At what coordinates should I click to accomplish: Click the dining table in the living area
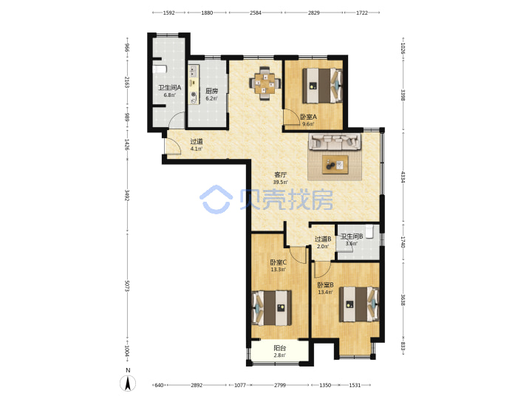click(x=265, y=83)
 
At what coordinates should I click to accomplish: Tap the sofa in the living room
click(x=335, y=141)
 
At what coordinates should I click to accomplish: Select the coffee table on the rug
click(x=335, y=165)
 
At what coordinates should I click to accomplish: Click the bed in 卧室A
click(x=322, y=86)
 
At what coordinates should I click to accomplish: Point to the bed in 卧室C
click(x=272, y=307)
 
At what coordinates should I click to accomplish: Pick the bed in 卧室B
click(x=359, y=304)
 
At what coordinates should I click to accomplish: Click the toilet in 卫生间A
click(x=160, y=69)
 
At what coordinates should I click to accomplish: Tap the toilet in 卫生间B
click(x=371, y=231)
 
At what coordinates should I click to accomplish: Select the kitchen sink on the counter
click(x=194, y=71)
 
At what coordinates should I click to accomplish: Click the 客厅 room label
click(x=281, y=174)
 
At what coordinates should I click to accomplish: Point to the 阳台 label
click(x=280, y=348)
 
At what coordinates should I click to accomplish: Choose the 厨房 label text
click(x=212, y=91)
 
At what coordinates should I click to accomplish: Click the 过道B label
click(x=323, y=239)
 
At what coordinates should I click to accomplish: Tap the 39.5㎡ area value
click(x=281, y=183)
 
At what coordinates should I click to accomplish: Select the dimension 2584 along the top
click(x=256, y=13)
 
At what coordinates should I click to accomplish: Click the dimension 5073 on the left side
click(x=127, y=286)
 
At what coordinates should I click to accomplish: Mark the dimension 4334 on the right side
click(x=403, y=177)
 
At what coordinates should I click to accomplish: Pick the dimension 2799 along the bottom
click(x=280, y=385)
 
